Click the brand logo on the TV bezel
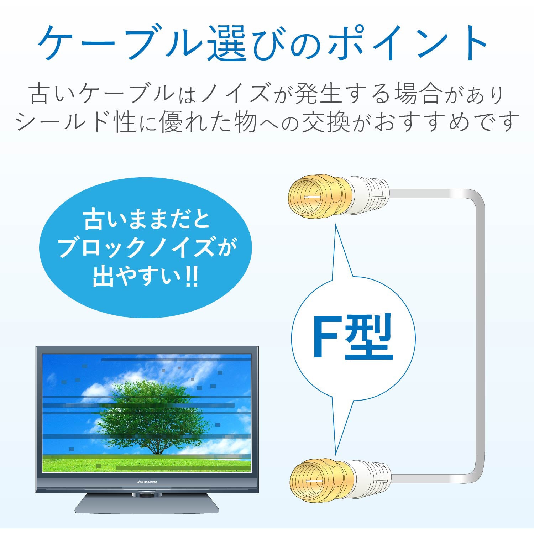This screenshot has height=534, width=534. [x=147, y=482]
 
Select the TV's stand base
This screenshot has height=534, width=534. [x=146, y=503]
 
